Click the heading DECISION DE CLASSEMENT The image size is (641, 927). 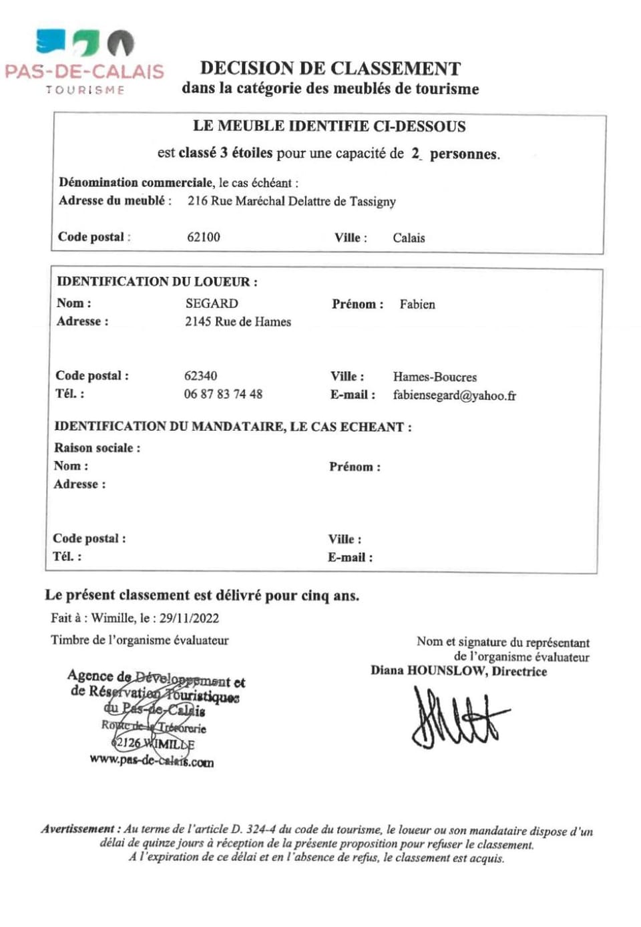tap(330, 69)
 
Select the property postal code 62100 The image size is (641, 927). tap(204, 237)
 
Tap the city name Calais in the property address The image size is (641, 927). tap(409, 238)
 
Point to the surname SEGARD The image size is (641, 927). tap(212, 303)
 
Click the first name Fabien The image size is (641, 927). tap(417, 305)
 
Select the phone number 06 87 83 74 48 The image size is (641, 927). tap(223, 394)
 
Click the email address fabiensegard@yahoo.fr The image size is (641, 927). tap(454, 395)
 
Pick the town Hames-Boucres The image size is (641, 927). tap(435, 377)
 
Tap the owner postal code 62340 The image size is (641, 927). tap(200, 376)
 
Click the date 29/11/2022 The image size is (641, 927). tap(189, 618)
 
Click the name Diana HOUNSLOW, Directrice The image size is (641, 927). tap(459, 671)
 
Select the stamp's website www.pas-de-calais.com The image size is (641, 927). tap(152, 761)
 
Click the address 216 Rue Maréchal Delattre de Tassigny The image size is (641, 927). tap(291, 201)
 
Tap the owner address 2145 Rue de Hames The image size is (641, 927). tap(238, 322)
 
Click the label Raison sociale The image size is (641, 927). tap(97, 448)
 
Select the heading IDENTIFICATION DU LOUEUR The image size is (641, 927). tap(157, 282)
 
